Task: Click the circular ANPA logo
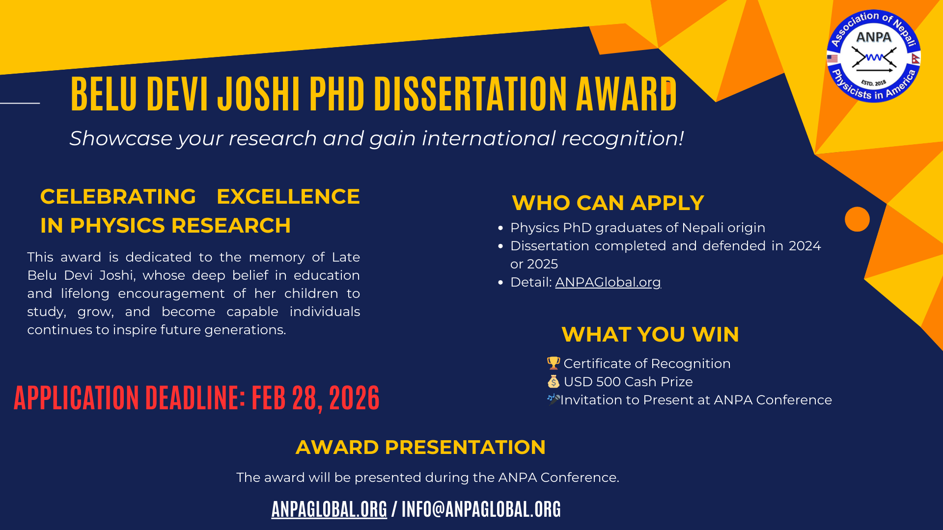(874, 56)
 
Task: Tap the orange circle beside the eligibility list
(857, 219)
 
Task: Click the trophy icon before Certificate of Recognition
(554, 363)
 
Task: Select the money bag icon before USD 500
(554, 381)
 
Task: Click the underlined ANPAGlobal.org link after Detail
(608, 282)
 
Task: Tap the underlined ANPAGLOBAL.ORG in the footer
(329, 509)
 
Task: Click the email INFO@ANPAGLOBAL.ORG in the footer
(481, 509)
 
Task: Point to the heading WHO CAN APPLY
(608, 203)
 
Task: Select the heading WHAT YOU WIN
(650, 335)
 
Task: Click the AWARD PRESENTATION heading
(421, 447)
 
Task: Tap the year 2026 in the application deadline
(355, 397)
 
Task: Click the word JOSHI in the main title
(258, 93)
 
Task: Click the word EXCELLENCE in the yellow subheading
(288, 197)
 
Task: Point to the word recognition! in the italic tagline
(623, 139)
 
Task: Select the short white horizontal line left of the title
(20, 103)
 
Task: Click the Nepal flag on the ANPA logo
(915, 59)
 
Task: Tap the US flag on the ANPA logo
(832, 59)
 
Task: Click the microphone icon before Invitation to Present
(554, 399)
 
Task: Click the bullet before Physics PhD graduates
(500, 228)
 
